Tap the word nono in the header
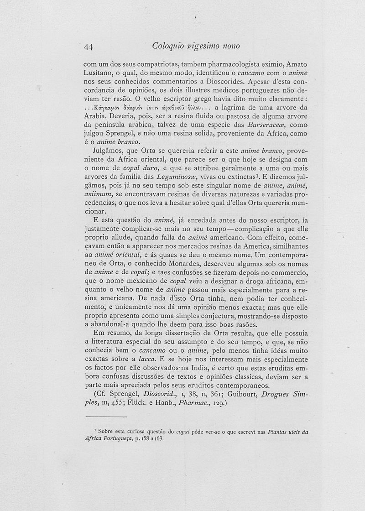pyautogui.click(x=230, y=46)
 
